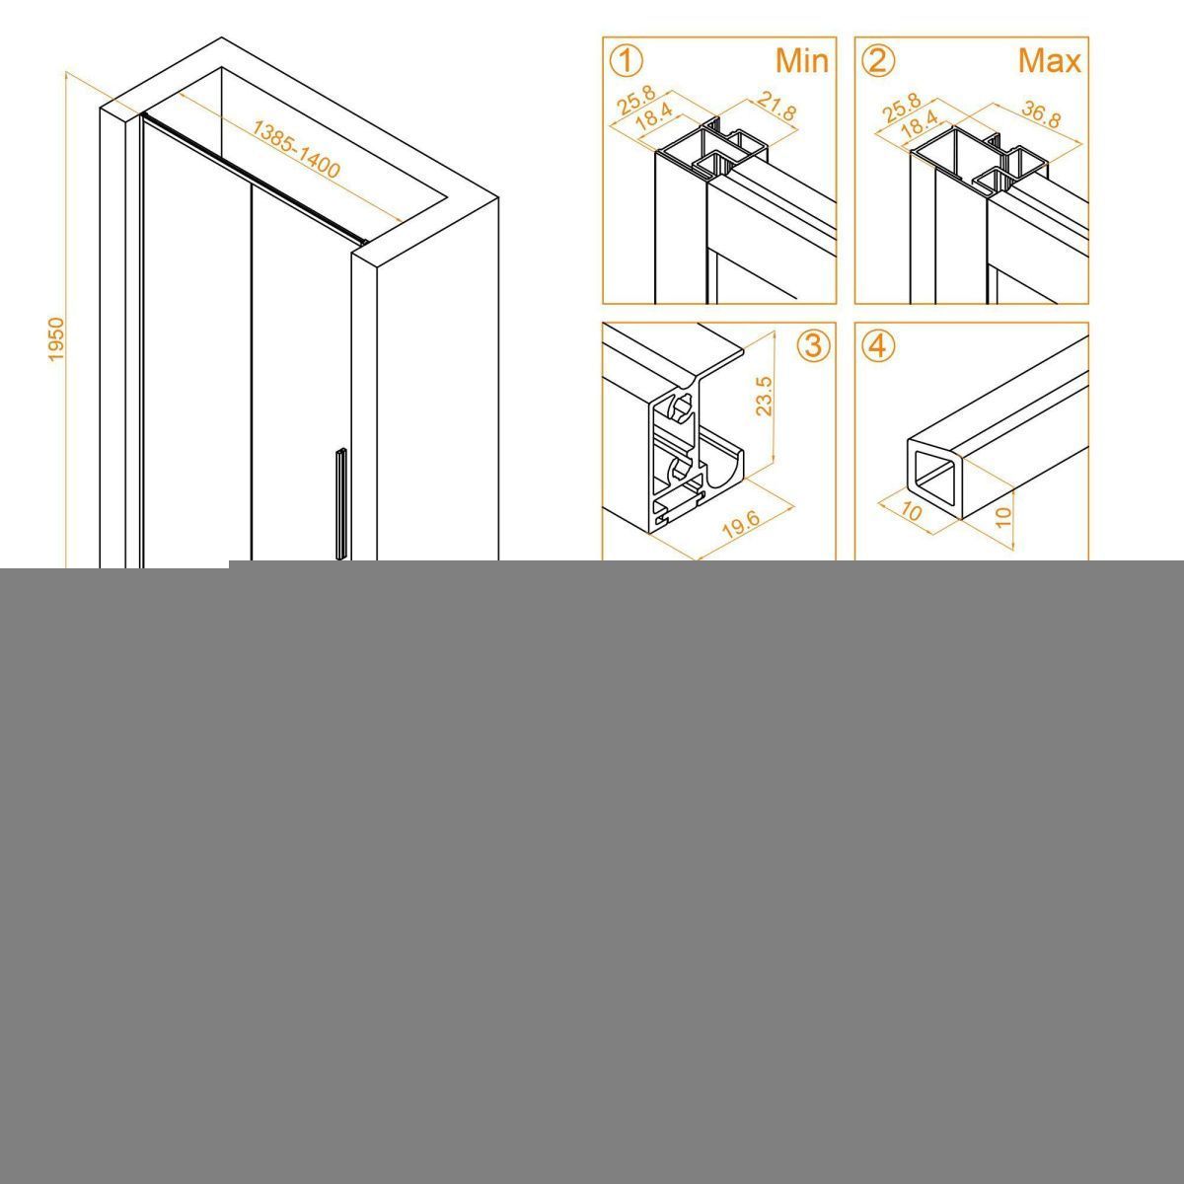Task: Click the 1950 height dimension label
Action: click(x=56, y=339)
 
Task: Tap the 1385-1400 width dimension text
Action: click(x=296, y=149)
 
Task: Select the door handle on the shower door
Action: click(x=341, y=504)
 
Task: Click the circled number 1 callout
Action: click(x=627, y=62)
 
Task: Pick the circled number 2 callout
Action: click(x=879, y=62)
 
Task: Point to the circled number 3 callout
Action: click(x=813, y=346)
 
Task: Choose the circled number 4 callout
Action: click(x=879, y=346)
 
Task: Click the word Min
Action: click(x=802, y=61)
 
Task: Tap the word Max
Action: click(x=1050, y=61)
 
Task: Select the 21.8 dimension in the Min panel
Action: click(x=777, y=106)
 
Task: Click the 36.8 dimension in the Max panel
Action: click(x=1041, y=114)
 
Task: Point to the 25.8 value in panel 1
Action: click(x=636, y=101)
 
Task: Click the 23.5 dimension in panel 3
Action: click(x=764, y=397)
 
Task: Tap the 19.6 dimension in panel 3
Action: click(x=740, y=525)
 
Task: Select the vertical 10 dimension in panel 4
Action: click(x=1002, y=516)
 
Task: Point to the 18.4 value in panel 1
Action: click(x=653, y=116)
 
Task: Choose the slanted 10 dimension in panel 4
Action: click(x=910, y=511)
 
